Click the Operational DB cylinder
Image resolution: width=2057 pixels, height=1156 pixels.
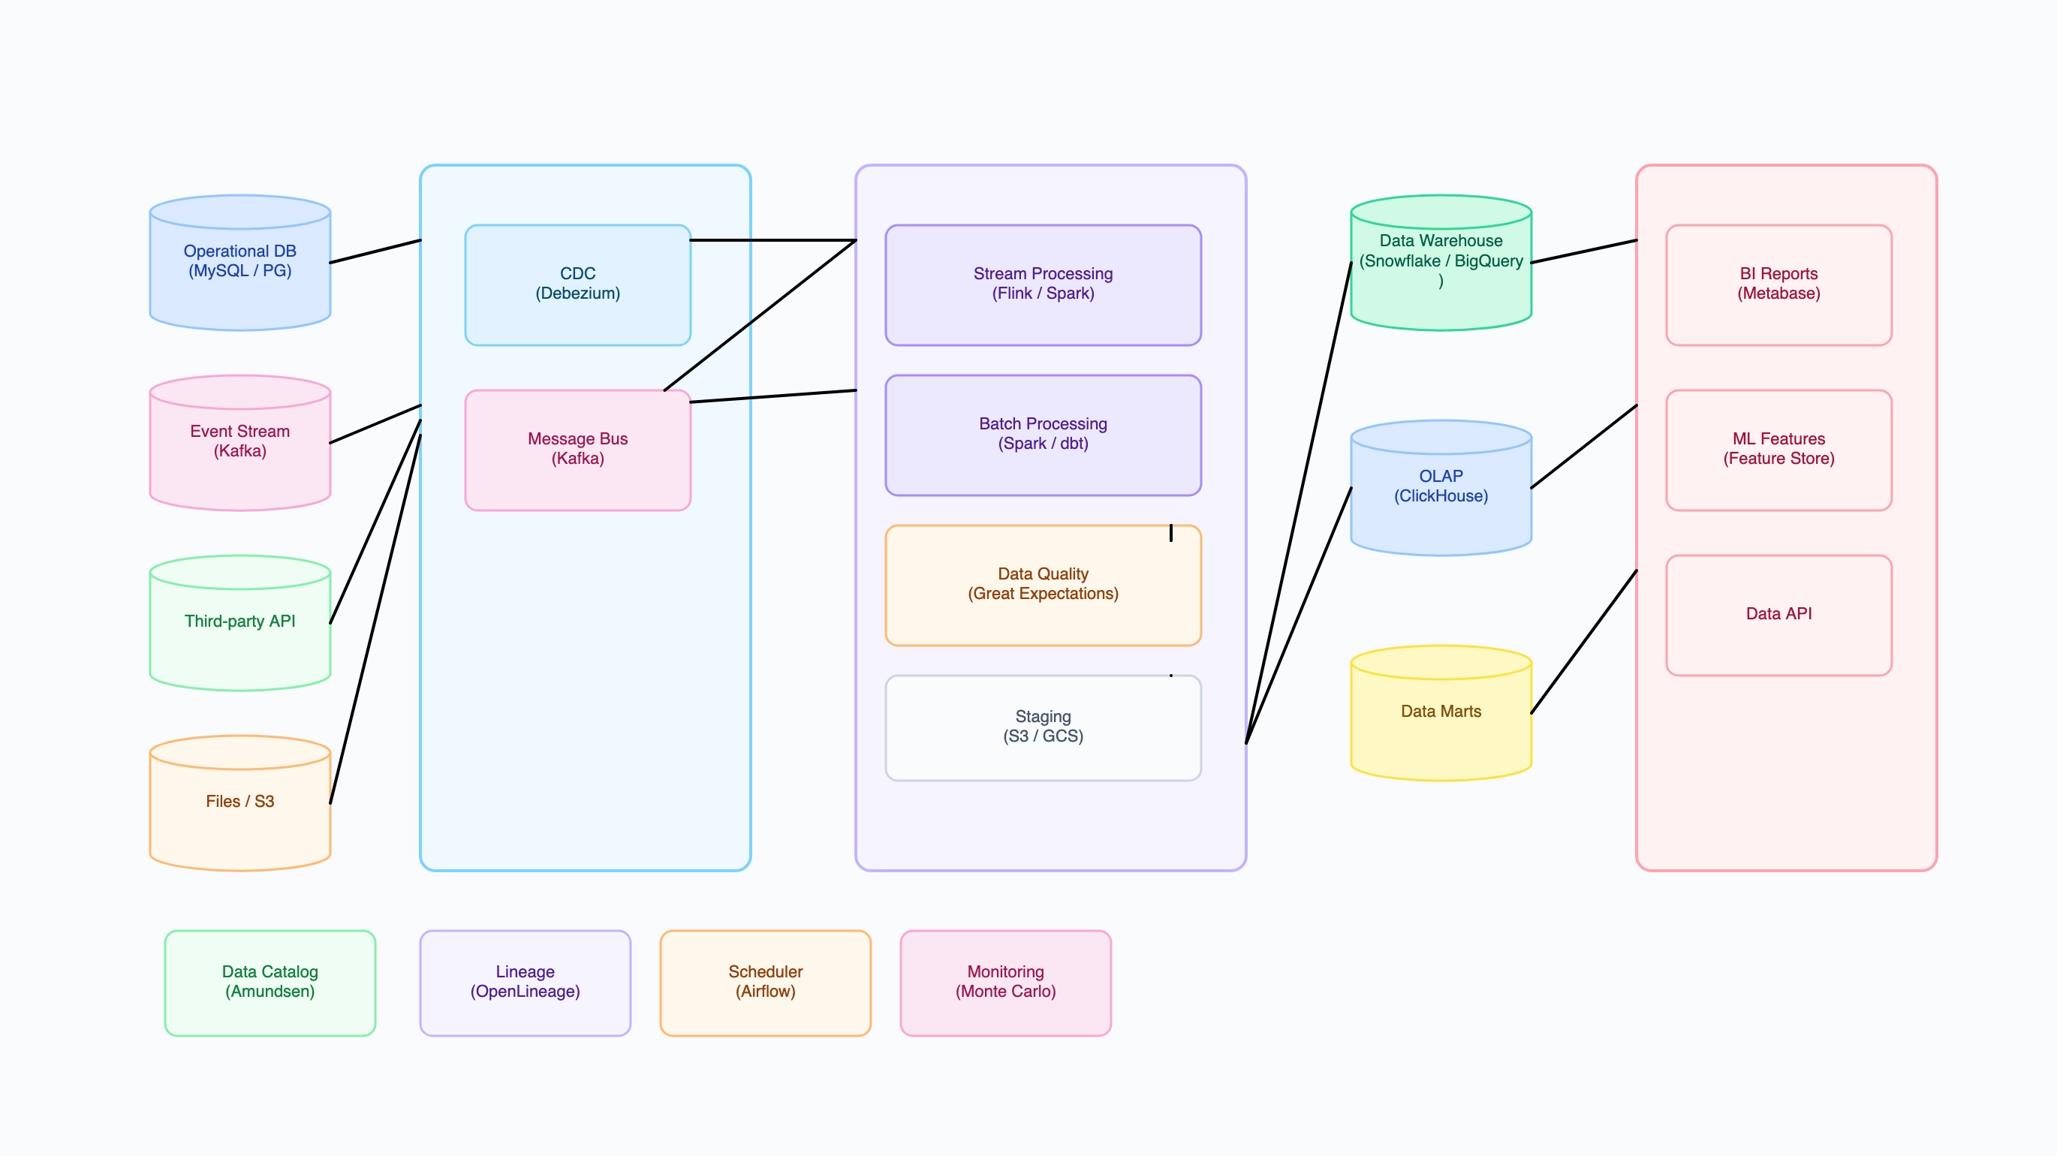(239, 263)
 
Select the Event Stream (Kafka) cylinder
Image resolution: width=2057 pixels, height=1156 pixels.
(239, 444)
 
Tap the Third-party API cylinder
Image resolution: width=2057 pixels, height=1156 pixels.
(239, 625)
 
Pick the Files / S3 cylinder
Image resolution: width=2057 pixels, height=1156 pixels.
(239, 805)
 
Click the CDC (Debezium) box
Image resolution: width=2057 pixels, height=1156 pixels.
(577, 285)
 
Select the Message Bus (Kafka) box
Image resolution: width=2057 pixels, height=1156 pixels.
(577, 450)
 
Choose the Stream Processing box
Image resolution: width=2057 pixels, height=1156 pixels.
(1043, 285)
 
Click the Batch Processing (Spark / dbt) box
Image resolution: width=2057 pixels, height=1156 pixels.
(1043, 435)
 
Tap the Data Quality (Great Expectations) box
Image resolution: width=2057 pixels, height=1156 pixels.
(1043, 586)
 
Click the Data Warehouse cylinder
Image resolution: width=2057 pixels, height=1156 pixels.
(1441, 263)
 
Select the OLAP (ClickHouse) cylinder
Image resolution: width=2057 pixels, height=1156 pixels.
(1441, 489)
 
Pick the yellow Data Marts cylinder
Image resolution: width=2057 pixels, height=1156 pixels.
(1441, 714)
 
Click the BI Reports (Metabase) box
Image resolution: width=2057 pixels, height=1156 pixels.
(1778, 285)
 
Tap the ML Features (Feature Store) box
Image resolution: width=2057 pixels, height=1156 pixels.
(1778, 450)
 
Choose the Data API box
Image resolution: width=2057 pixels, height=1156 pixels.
(1778, 615)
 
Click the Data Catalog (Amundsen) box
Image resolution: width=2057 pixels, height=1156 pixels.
(270, 983)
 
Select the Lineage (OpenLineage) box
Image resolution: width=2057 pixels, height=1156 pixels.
(525, 983)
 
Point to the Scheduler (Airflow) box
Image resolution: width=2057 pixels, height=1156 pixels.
(765, 983)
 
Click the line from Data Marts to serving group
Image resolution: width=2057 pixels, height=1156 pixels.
(1584, 642)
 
